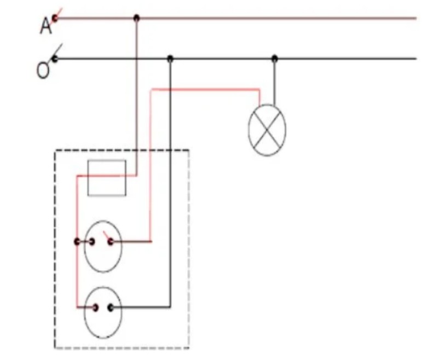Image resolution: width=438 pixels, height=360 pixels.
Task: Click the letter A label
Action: click(46, 26)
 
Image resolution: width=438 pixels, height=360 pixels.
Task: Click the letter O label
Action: click(43, 70)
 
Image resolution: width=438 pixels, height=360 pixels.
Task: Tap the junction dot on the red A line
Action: click(136, 18)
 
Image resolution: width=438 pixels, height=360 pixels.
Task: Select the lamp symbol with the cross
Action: click(267, 130)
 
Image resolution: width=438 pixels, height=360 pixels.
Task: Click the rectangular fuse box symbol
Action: click(107, 178)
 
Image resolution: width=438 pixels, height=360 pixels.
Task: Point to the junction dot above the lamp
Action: click(275, 59)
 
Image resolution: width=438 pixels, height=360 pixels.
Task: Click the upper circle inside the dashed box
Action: click(103, 246)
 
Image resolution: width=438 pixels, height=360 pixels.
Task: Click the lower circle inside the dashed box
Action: click(103, 312)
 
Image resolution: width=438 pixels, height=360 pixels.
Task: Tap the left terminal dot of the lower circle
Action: click(95, 307)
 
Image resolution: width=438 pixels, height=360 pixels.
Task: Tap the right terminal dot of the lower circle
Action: click(111, 307)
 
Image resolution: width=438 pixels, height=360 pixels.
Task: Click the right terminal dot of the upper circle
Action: click(111, 242)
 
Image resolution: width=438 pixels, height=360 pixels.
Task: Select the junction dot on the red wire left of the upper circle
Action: click(77, 242)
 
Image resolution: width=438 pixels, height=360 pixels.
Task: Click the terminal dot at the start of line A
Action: click(55, 19)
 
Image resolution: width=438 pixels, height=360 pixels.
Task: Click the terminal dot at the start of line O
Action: click(55, 59)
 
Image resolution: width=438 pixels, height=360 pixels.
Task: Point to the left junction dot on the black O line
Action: click(170, 59)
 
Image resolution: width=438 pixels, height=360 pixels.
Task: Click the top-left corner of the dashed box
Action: click(55, 150)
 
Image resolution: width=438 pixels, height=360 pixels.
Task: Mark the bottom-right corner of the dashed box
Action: click(189, 348)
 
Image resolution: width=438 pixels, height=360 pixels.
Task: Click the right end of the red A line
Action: click(416, 19)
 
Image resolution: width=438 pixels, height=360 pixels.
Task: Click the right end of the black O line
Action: click(416, 59)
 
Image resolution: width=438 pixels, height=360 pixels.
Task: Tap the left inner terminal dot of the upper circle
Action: click(91, 242)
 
